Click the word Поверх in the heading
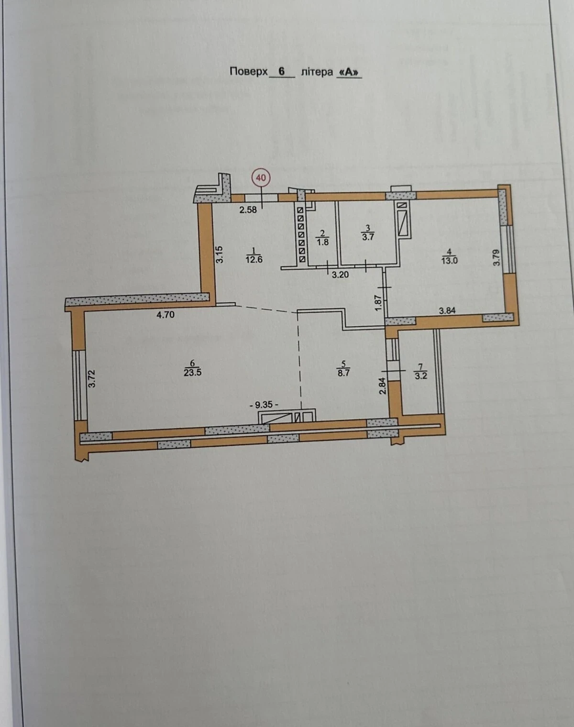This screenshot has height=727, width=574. click(249, 72)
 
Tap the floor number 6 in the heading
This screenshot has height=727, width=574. click(282, 72)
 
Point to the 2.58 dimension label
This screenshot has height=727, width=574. click(248, 210)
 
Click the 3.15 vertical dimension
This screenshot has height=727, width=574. click(220, 255)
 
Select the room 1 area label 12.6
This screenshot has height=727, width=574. click(254, 259)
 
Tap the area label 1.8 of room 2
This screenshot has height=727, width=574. click(322, 242)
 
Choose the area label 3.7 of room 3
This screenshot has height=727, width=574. click(368, 237)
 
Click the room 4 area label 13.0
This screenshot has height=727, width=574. click(449, 261)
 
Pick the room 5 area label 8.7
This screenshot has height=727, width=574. click(343, 373)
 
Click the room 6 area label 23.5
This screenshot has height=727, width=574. click(193, 373)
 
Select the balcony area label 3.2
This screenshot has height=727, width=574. click(420, 375)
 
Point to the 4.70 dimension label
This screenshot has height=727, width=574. click(166, 315)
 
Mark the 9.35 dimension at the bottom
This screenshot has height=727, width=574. click(264, 404)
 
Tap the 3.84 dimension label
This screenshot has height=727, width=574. click(447, 310)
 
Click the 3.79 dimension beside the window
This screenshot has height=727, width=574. click(497, 257)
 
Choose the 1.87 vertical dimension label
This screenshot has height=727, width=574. click(378, 303)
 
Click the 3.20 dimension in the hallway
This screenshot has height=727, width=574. click(340, 275)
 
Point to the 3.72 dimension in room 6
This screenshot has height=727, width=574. click(92, 379)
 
